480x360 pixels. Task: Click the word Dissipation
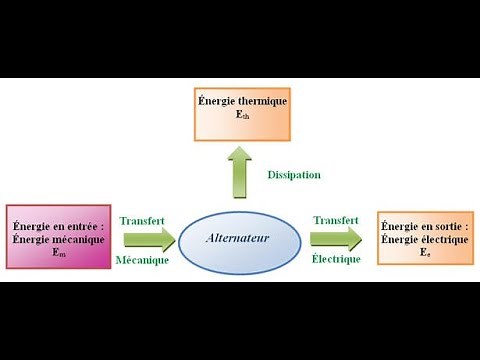(x=294, y=175)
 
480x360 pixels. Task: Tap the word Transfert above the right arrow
(x=336, y=220)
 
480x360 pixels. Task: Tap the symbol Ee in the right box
(x=424, y=254)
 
